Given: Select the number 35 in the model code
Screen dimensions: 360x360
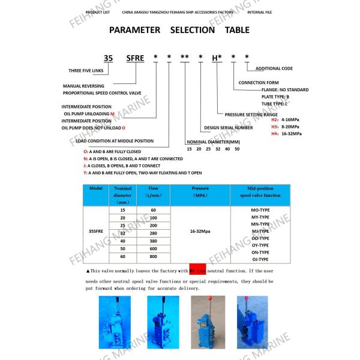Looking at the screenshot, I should (x=108, y=58).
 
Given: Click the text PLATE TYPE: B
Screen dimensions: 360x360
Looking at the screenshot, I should (x=275, y=96).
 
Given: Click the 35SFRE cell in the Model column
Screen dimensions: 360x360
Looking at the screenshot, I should (x=96, y=230).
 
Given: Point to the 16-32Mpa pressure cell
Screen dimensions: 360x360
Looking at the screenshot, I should (x=200, y=230).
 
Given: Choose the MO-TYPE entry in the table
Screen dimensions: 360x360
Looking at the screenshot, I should (x=259, y=209).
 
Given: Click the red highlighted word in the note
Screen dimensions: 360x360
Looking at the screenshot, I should (x=197, y=271).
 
